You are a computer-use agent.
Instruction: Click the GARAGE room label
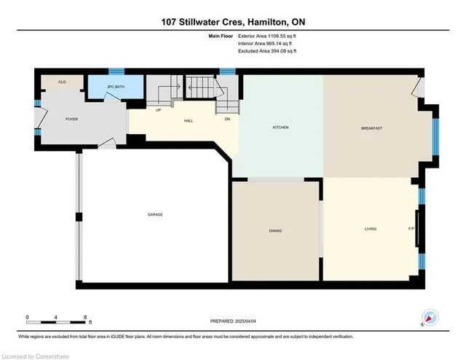pos(155,214)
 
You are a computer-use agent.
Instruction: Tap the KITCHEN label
pos(280,128)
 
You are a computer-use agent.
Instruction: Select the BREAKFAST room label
pos(371,128)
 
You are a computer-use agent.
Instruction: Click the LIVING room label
pos(371,230)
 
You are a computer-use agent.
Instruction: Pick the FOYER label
pos(71,119)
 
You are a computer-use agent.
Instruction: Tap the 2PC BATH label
pos(114,87)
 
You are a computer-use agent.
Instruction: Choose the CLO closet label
pos(52,82)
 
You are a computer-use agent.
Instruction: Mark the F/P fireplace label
pos(411,230)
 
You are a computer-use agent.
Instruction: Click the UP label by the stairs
pos(159,110)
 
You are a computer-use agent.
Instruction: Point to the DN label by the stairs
pos(227,119)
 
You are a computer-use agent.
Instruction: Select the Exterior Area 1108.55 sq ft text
pos(267,36)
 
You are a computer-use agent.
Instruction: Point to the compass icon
pos(430,318)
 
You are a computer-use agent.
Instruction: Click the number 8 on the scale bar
pos(86,317)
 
